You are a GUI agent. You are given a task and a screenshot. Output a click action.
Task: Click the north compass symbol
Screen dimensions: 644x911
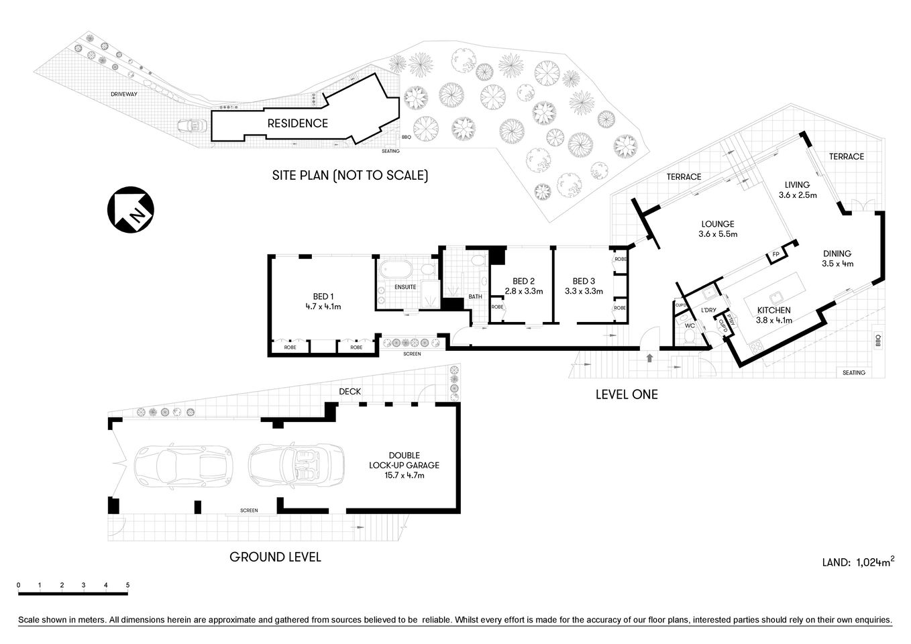pos(130,210)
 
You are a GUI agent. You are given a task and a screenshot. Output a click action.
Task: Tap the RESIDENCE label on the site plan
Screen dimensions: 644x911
pos(297,123)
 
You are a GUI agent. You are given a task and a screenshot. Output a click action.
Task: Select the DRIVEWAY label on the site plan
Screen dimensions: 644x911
pos(124,95)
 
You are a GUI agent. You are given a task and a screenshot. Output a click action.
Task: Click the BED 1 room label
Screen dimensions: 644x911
pos(323,297)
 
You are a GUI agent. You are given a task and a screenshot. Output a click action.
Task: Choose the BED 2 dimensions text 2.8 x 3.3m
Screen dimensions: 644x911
pos(523,291)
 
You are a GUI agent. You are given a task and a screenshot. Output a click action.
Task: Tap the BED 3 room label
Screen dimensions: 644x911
pos(584,281)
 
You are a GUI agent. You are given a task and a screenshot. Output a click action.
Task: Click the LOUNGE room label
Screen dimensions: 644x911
pos(717,224)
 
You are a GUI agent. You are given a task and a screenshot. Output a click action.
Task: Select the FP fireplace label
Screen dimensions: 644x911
pos(775,255)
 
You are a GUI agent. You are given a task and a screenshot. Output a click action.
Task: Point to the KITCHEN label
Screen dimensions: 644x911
pos(773,310)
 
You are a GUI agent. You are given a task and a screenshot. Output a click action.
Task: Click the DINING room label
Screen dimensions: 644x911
pos(837,254)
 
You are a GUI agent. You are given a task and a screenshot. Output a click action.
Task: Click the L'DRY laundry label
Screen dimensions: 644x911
pos(708,310)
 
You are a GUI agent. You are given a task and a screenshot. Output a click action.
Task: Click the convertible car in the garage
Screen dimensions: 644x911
pos(297,466)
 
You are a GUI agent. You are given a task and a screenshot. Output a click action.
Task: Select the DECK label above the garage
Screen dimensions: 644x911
pos(350,391)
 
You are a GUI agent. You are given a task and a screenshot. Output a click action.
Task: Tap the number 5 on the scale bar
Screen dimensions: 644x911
pos(127,585)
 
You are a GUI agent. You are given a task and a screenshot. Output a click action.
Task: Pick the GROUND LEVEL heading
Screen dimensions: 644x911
pos(275,557)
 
